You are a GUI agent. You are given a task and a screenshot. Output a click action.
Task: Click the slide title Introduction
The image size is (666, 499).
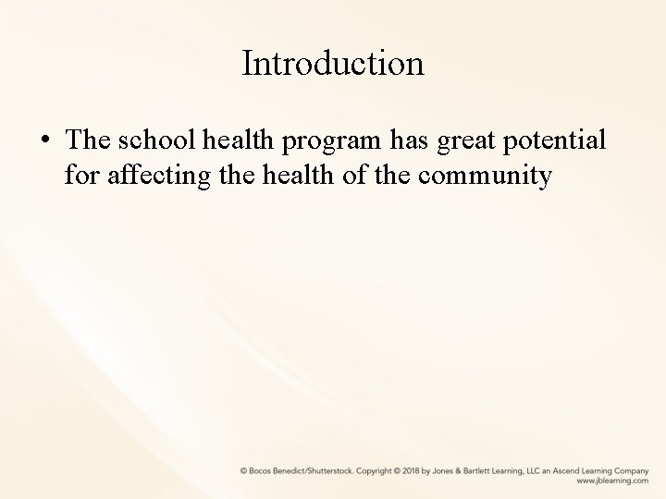333,64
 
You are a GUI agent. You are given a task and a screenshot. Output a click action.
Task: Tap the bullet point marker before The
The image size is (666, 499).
45,140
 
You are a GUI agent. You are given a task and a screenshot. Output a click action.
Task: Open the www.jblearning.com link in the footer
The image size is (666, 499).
612,481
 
